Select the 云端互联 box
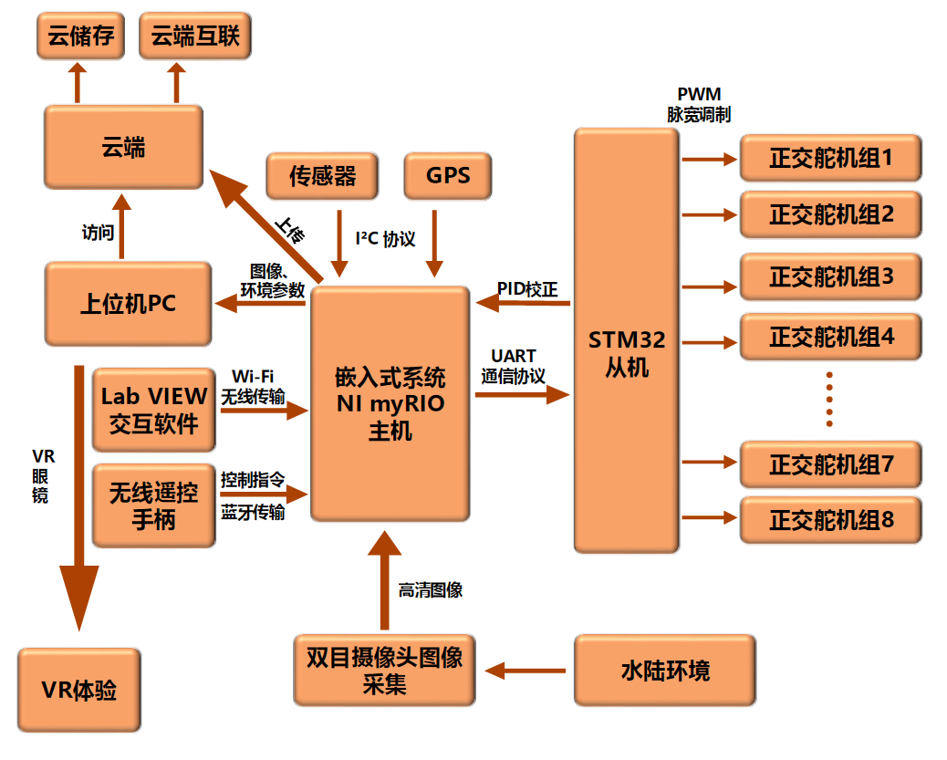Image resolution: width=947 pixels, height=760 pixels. [195, 36]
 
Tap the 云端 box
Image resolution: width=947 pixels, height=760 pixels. [124, 147]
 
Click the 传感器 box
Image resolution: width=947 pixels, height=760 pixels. [322, 175]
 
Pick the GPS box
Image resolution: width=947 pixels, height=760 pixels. [447, 175]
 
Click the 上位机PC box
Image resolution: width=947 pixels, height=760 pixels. [128, 304]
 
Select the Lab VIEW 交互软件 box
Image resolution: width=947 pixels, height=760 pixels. [153, 410]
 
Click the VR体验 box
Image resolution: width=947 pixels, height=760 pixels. [79, 690]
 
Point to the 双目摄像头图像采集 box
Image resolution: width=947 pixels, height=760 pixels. [384, 671]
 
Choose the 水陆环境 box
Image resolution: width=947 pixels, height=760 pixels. [665, 671]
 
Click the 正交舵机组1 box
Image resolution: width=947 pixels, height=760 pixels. [830, 158]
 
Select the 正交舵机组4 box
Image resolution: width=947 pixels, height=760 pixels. [830, 337]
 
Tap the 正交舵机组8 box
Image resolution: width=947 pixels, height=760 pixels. [830, 520]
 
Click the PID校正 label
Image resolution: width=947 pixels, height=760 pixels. [526, 288]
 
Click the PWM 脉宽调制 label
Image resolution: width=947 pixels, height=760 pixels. [698, 105]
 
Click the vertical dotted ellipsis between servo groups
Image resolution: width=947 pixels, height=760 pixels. [829, 399]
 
